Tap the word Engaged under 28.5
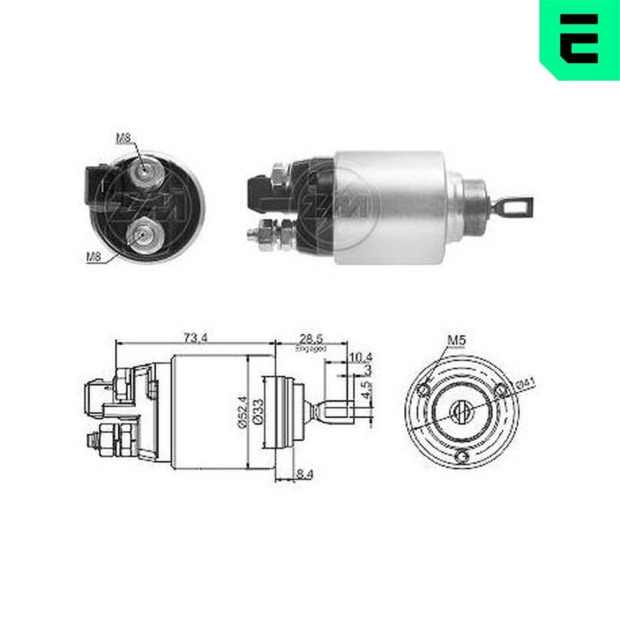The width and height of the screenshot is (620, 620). click(311, 348)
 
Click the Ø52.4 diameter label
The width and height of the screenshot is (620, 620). click(242, 412)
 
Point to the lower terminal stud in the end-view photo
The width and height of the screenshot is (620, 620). click(142, 234)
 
